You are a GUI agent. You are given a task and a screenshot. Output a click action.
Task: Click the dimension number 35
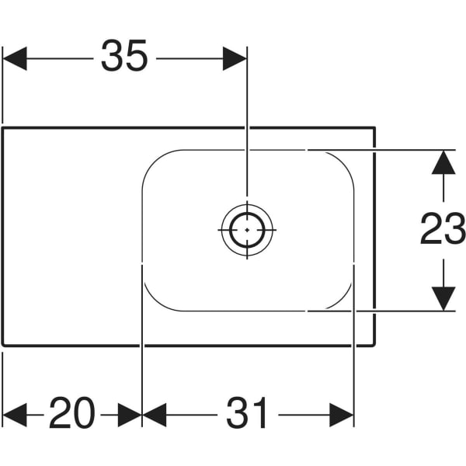pos(124,57)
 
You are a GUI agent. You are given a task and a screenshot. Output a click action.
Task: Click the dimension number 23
pos(443,230)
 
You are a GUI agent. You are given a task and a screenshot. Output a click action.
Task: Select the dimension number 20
pos(72,413)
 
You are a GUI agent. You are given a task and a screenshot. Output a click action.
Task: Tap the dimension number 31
pos(248,413)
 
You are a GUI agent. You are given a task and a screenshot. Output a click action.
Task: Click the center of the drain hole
pos(247,230)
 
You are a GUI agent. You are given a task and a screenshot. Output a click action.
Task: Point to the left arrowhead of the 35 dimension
pos(15,58)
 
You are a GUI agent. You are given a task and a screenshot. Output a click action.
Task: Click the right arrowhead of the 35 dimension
pos(235,58)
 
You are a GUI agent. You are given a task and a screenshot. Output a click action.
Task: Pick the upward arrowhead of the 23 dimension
pos(443,162)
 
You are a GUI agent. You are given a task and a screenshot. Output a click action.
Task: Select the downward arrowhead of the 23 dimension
pos(443,298)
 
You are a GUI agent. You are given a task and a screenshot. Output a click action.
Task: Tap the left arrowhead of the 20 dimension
pos(15,414)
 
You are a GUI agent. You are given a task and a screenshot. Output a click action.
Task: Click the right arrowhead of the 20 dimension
pos(130,414)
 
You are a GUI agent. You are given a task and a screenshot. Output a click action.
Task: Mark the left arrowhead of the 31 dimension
pos(155,414)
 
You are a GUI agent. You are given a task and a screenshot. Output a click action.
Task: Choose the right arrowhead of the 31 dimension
pos(342,414)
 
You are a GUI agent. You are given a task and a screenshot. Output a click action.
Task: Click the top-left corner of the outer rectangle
pos(3,127)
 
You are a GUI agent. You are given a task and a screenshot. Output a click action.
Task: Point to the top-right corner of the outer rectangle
pos(374,127)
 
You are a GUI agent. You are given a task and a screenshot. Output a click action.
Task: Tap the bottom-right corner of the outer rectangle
pos(374,345)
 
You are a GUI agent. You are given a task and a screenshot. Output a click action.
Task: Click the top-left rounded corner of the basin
pos(152,159)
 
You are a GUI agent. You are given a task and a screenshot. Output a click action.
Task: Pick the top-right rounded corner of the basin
pos(344,159)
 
